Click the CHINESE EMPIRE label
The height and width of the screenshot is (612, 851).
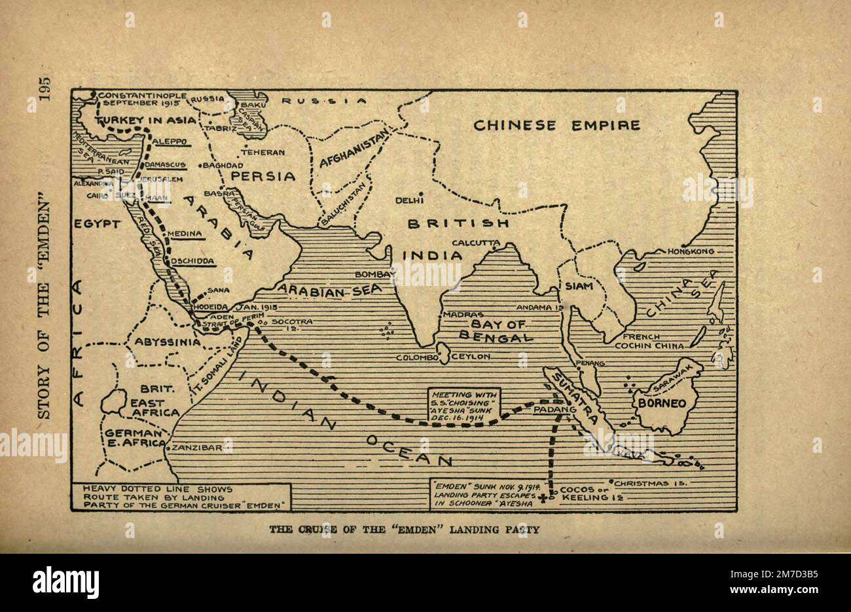[556, 125]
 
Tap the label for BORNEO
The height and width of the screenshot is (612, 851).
[662, 403]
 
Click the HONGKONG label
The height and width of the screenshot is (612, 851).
[690, 251]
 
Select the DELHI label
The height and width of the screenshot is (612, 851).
[410, 200]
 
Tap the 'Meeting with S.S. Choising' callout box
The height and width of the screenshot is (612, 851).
[464, 406]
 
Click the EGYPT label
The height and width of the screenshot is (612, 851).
[98, 224]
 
